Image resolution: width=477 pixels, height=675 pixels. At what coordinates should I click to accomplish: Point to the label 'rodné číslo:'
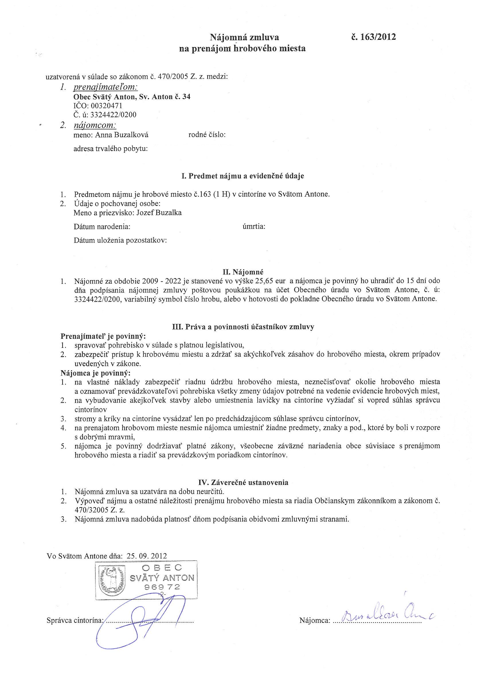click(x=207, y=135)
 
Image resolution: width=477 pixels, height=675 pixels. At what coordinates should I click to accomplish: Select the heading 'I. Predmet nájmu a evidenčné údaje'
click(x=243, y=176)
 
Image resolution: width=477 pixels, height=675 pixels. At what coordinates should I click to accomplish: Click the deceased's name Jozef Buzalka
click(x=159, y=213)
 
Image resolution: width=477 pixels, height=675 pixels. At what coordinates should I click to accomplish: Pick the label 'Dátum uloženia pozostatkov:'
click(x=120, y=240)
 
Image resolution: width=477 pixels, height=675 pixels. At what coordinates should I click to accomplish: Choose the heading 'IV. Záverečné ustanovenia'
click(x=242, y=482)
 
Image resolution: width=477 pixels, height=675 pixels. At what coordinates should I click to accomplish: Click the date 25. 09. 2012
click(x=147, y=556)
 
